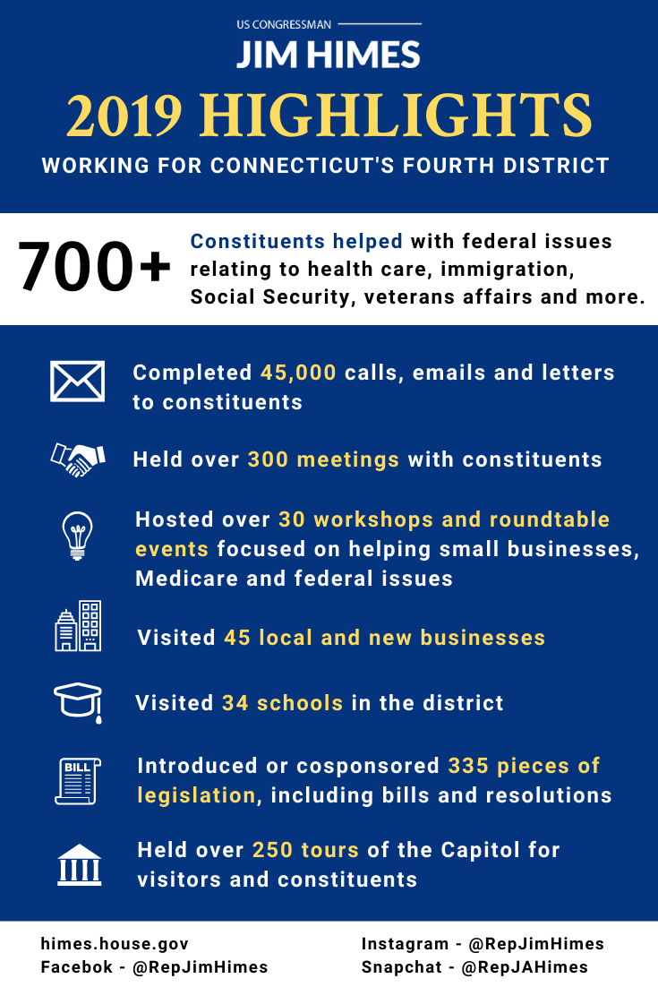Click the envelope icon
tap(77, 381)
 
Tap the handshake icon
tap(77, 459)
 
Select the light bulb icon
tap(77, 535)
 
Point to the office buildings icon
tap(78, 625)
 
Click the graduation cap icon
tap(77, 700)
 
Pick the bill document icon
tap(79, 779)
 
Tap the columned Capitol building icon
tap(79, 864)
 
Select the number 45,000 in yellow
tap(298, 373)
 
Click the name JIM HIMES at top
tap(329, 56)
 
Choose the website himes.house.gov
tap(115, 944)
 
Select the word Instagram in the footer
tap(405, 944)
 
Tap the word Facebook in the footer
tap(77, 967)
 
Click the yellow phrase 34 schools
tap(283, 703)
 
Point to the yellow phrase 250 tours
tap(305, 850)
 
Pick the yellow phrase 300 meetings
tap(323, 460)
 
